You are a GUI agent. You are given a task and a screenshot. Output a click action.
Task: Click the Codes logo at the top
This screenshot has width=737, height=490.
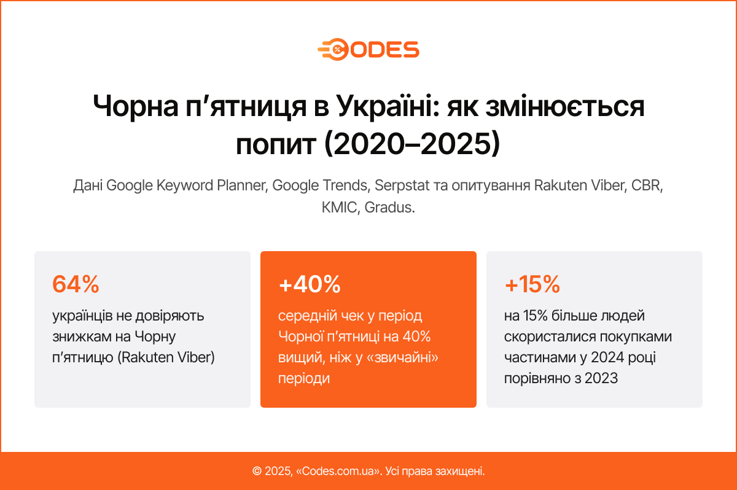(x=368, y=50)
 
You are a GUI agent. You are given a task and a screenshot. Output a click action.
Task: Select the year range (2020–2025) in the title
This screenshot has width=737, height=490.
(x=412, y=144)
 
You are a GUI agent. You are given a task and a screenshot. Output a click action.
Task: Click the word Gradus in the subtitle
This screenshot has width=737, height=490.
(x=389, y=208)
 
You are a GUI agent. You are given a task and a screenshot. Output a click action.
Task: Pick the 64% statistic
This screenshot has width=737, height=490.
(x=76, y=284)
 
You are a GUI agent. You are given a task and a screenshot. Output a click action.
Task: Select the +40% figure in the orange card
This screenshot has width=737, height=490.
(x=310, y=284)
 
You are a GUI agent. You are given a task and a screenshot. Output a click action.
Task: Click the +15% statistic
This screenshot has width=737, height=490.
(x=532, y=284)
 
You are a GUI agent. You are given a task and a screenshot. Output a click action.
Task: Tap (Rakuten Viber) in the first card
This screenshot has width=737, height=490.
(x=166, y=357)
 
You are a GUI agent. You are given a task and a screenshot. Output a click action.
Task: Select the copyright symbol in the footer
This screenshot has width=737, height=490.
(x=257, y=471)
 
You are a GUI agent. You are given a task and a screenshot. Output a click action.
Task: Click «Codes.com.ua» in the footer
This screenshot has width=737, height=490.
(x=338, y=471)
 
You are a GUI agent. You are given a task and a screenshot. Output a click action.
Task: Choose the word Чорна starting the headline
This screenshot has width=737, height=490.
(x=136, y=106)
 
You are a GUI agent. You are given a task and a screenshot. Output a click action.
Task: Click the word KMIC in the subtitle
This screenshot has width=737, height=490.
(x=339, y=208)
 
